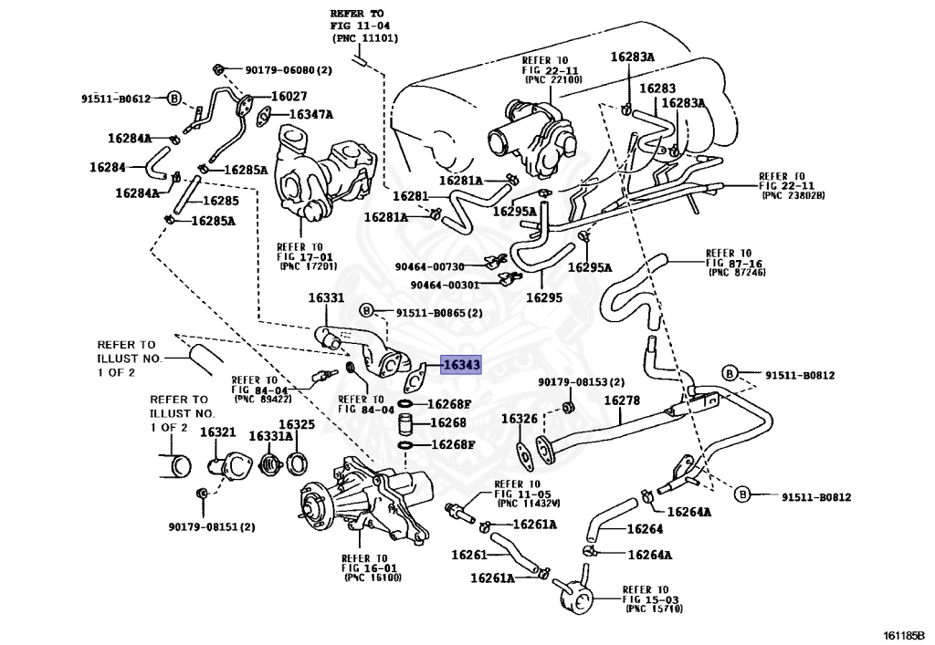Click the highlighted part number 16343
[x=461, y=365]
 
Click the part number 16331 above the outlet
[x=325, y=298]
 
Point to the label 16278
[x=621, y=401]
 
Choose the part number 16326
[x=519, y=419]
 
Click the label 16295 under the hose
[x=543, y=297]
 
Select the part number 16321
[x=217, y=432]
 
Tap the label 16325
[x=296, y=425]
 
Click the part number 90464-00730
[x=430, y=266]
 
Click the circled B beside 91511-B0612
[x=175, y=98]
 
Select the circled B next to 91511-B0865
[x=365, y=312]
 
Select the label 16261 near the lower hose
[x=468, y=554]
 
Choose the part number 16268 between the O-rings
[x=447, y=423]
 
